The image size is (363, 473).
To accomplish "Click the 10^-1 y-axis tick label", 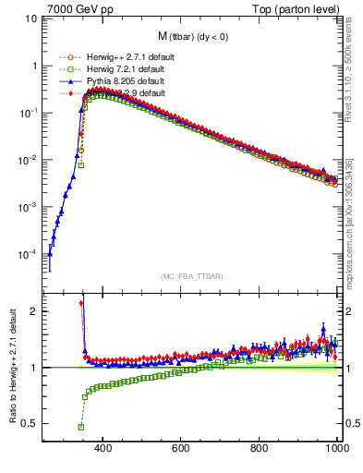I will point(28,113).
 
